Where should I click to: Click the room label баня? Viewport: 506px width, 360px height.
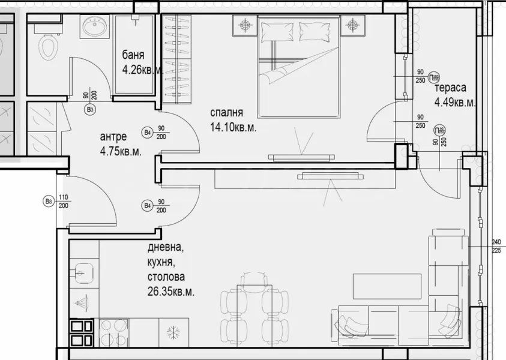(133, 58)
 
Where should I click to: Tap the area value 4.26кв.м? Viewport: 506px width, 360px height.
(143, 70)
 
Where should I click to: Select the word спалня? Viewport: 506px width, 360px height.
(226, 113)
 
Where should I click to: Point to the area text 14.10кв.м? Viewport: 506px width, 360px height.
(233, 127)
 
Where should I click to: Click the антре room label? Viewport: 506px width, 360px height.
(114, 137)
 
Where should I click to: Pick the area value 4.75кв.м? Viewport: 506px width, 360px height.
(121, 151)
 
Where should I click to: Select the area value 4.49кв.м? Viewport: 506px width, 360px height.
(455, 102)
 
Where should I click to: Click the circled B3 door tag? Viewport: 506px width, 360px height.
(90, 110)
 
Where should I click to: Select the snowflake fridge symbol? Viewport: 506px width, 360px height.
(172, 332)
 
